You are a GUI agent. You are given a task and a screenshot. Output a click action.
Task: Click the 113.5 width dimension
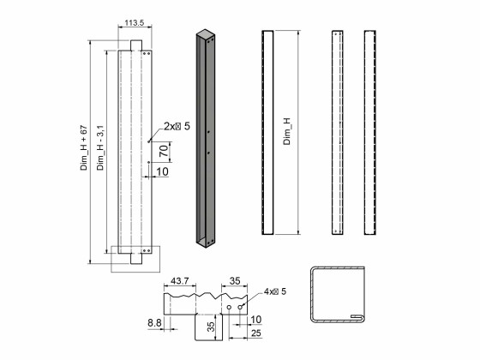(x=134, y=22)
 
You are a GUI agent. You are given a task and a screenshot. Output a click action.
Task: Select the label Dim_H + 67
(x=84, y=147)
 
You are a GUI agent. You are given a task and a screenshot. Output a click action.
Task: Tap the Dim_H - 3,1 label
(x=100, y=147)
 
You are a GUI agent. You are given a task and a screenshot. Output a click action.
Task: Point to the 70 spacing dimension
(x=164, y=151)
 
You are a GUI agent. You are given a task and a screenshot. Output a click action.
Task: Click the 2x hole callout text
(x=177, y=126)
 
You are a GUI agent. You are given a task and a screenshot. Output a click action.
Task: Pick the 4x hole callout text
(x=275, y=291)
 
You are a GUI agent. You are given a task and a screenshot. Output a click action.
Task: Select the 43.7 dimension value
(x=180, y=281)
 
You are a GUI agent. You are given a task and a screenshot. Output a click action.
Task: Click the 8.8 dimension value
(x=154, y=322)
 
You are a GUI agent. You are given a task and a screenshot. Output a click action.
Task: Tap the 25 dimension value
(x=256, y=333)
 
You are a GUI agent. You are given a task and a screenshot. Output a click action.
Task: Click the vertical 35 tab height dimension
(x=211, y=327)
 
